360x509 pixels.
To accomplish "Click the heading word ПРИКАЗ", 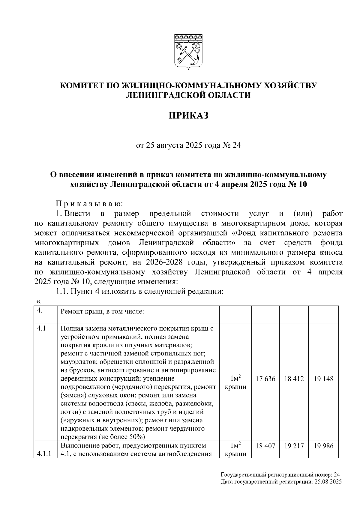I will coord(188,116).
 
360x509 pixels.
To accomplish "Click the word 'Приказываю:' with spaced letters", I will coord(89,204).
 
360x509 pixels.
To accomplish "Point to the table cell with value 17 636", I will coord(265,379).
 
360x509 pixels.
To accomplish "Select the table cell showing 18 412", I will coord(294,379).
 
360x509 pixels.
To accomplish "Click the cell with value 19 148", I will coord(323,379).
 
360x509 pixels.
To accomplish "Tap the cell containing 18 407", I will coord(265,446).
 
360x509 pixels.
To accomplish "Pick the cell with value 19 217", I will coord(294,446).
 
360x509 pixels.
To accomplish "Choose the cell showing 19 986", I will coord(323,446).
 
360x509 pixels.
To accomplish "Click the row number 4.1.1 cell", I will coord(44,454).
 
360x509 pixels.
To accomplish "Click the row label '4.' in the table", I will coord(40,311).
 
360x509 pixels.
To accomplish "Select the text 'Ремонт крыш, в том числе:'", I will coord(103,312).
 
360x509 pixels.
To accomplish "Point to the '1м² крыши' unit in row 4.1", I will coord(235,382).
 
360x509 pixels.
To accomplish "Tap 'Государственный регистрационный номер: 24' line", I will coord(280,475).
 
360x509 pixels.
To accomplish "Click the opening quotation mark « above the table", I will coord(38,301).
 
